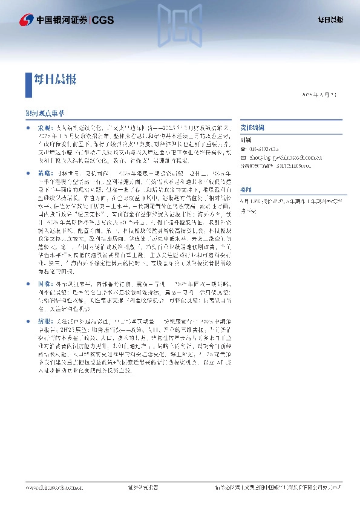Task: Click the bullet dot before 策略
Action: (28, 173)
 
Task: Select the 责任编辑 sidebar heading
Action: (250, 129)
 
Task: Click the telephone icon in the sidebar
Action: (243, 148)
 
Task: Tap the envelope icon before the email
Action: (243, 155)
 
